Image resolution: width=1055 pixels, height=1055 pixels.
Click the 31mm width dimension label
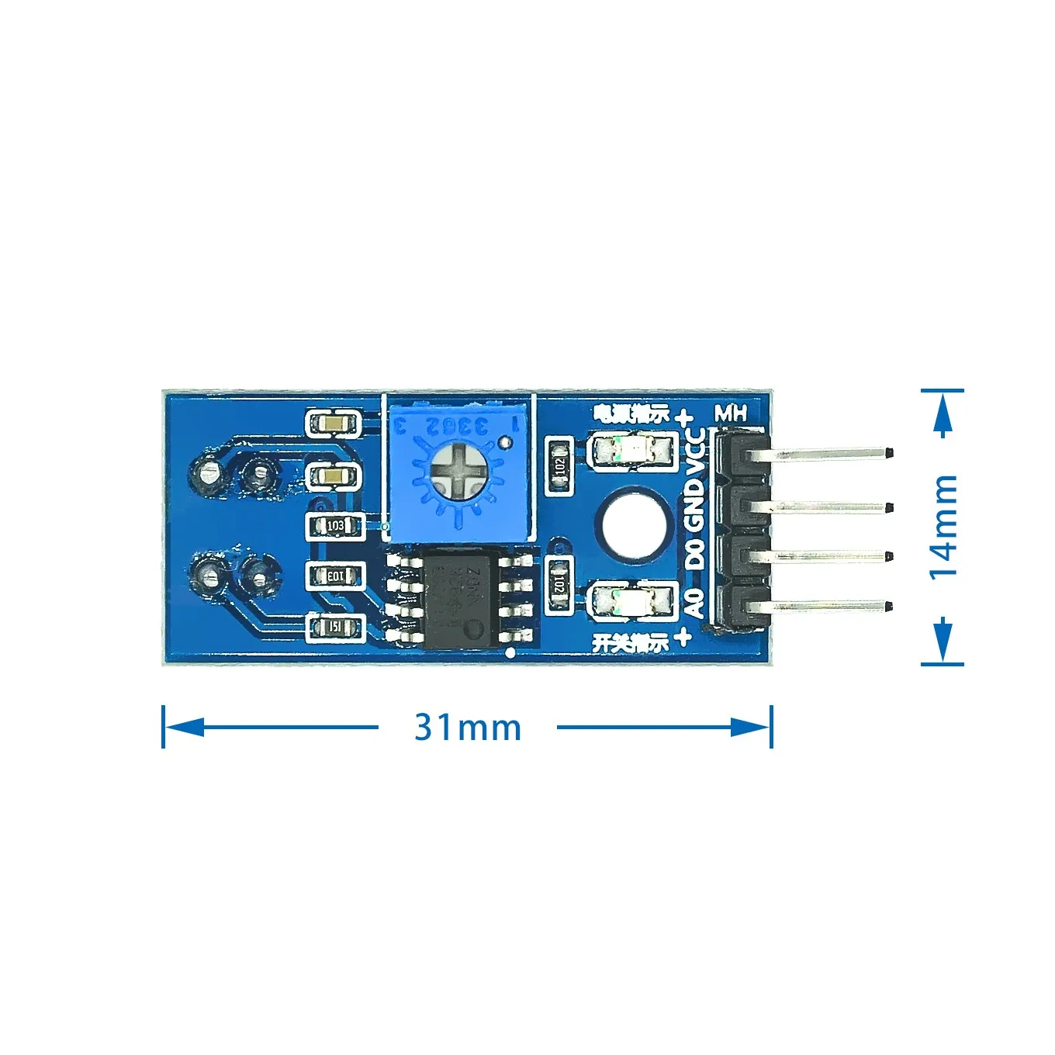point(467,728)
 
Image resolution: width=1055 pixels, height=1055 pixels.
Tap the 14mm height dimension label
point(943,527)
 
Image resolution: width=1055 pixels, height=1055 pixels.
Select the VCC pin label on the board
point(696,450)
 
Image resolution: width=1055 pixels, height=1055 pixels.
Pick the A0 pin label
point(696,603)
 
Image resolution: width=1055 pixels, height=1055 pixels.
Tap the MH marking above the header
point(730,413)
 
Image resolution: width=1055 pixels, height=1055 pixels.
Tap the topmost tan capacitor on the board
point(334,424)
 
